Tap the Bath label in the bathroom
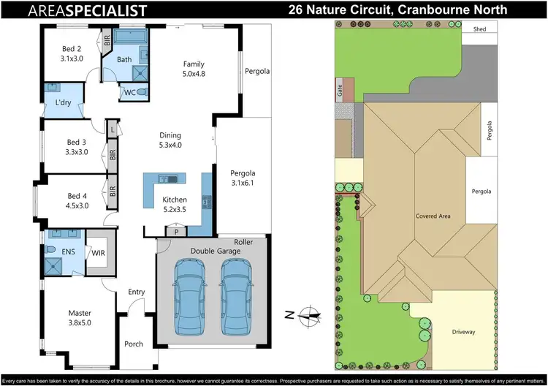coord(124,59)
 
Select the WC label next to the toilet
coord(129,92)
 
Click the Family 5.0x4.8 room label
coord(194,69)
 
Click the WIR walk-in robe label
coord(98,253)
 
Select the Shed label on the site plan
coord(479,30)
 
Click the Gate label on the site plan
coord(340,91)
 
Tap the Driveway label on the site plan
coord(463,332)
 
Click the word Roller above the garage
coord(243,242)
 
